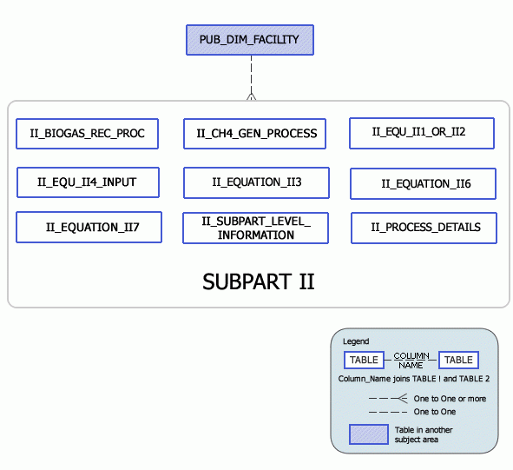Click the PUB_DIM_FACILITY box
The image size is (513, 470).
(249, 40)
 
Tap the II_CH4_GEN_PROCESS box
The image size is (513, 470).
(255, 134)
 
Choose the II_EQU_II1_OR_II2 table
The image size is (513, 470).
(421, 133)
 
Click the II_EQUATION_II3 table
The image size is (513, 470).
(256, 182)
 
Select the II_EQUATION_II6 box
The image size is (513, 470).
(423, 184)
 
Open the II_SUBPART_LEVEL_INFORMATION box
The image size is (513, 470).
(255, 228)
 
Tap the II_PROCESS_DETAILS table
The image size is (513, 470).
(424, 228)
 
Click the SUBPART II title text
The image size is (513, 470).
(258, 281)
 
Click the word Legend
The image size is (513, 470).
(356, 341)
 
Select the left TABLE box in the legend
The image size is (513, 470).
(364, 360)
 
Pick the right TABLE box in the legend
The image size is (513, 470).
(458, 360)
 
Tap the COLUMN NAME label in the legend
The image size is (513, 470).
(411, 361)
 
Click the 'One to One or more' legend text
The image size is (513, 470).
(450, 399)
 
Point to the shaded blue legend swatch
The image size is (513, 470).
(368, 434)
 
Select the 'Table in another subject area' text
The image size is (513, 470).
(424, 435)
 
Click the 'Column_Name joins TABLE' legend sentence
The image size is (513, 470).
(414, 379)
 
